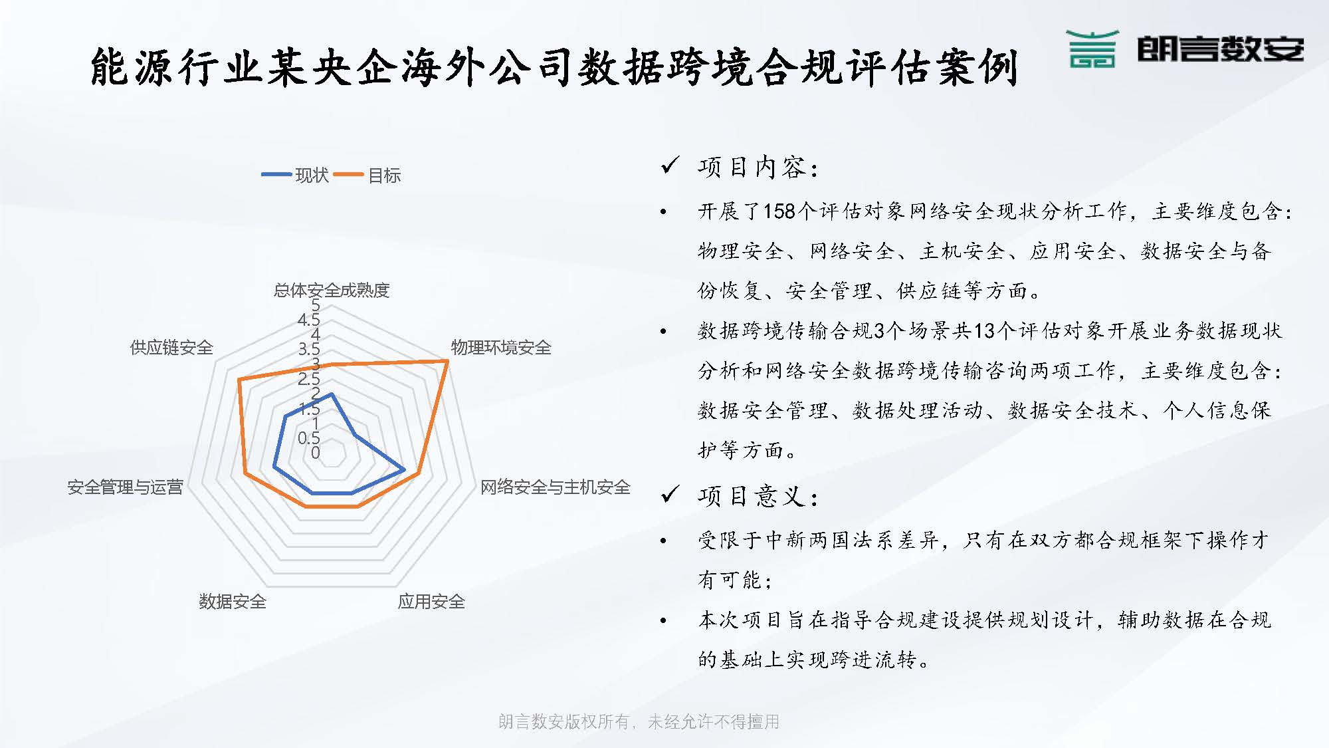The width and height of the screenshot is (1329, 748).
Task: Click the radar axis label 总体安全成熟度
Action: tap(332, 291)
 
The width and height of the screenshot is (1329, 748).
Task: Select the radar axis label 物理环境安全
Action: tap(501, 348)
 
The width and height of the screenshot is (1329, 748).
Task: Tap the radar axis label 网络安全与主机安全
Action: tap(555, 487)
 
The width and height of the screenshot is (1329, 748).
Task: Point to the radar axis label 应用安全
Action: tap(431, 602)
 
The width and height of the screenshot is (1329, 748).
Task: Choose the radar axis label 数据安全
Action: tap(233, 602)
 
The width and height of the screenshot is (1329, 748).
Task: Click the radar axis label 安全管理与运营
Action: tap(125, 487)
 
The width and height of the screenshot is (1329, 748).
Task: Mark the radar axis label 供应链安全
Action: tap(171, 348)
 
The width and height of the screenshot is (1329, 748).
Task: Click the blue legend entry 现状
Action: tap(296, 176)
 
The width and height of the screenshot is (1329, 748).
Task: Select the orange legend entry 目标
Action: tap(367, 176)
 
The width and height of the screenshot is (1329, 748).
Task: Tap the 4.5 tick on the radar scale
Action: tap(309, 320)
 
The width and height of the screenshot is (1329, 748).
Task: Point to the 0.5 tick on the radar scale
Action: tap(309, 438)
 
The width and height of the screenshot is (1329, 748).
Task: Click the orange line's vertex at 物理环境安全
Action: tap(448, 361)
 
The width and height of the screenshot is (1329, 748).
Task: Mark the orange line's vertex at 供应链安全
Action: tap(239, 380)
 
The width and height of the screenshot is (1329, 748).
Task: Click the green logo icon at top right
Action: tap(1093, 49)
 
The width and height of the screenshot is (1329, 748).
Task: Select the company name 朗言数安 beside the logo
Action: tap(1221, 49)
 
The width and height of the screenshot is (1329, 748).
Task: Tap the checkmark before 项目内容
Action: tap(670, 165)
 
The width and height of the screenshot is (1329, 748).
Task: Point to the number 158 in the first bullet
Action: tap(779, 211)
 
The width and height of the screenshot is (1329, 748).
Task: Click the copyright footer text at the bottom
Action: tap(639, 722)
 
